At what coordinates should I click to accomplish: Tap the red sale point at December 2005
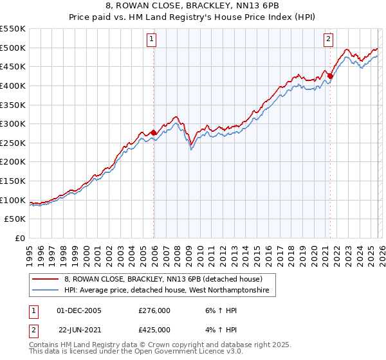[x=154, y=132]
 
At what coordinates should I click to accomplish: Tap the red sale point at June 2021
[x=330, y=76]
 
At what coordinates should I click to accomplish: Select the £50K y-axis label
[x=15, y=219]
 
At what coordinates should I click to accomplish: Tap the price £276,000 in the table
[x=154, y=310]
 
